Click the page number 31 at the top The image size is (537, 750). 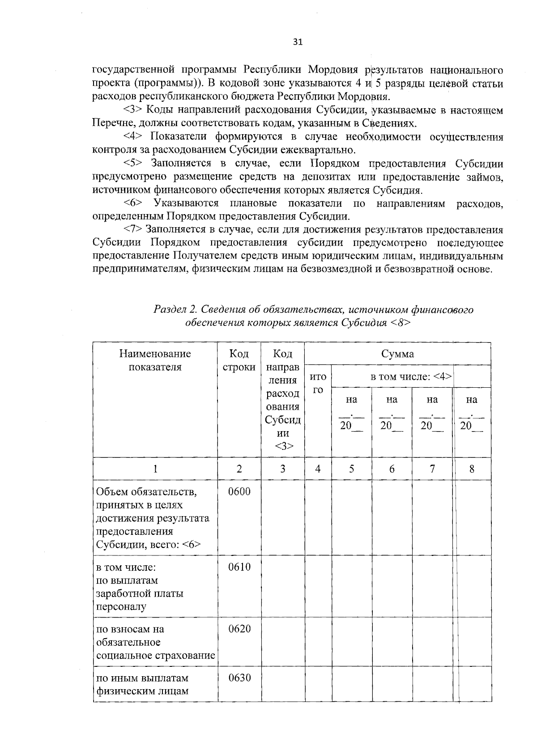298,42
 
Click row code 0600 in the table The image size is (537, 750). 239,492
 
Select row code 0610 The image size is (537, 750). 239,567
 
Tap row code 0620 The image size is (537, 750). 239,629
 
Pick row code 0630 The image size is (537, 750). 239,678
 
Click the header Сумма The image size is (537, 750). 397,354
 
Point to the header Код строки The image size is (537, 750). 239,360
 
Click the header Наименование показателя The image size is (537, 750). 155,360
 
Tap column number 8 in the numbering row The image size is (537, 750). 472,469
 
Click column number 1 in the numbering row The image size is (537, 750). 155,469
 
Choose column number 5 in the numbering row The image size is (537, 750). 351,469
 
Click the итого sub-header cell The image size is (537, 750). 318,383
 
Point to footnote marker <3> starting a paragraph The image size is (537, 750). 132,110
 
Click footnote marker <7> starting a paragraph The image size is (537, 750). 132,230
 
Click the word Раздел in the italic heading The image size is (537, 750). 170,309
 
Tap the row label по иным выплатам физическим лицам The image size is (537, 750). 142,684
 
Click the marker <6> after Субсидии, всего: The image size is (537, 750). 192,545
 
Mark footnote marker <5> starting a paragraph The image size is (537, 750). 132,163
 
